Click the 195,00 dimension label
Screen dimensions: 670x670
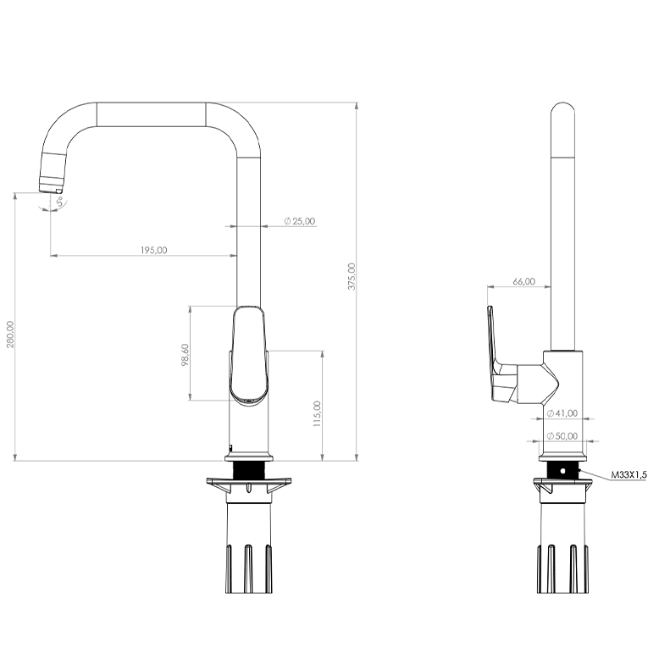pos(154,250)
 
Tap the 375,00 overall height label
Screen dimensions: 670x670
pos(352,276)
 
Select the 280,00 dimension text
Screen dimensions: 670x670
pos(10,335)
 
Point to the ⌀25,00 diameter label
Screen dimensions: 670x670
pos(300,221)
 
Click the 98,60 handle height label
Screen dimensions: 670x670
pos(185,355)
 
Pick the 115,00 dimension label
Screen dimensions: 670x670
pos(317,413)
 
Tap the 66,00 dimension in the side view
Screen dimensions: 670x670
pos(523,281)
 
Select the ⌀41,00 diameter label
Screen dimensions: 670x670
pos(562,413)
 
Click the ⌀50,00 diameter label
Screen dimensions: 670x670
pos(562,436)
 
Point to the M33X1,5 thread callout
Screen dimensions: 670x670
pos(629,474)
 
